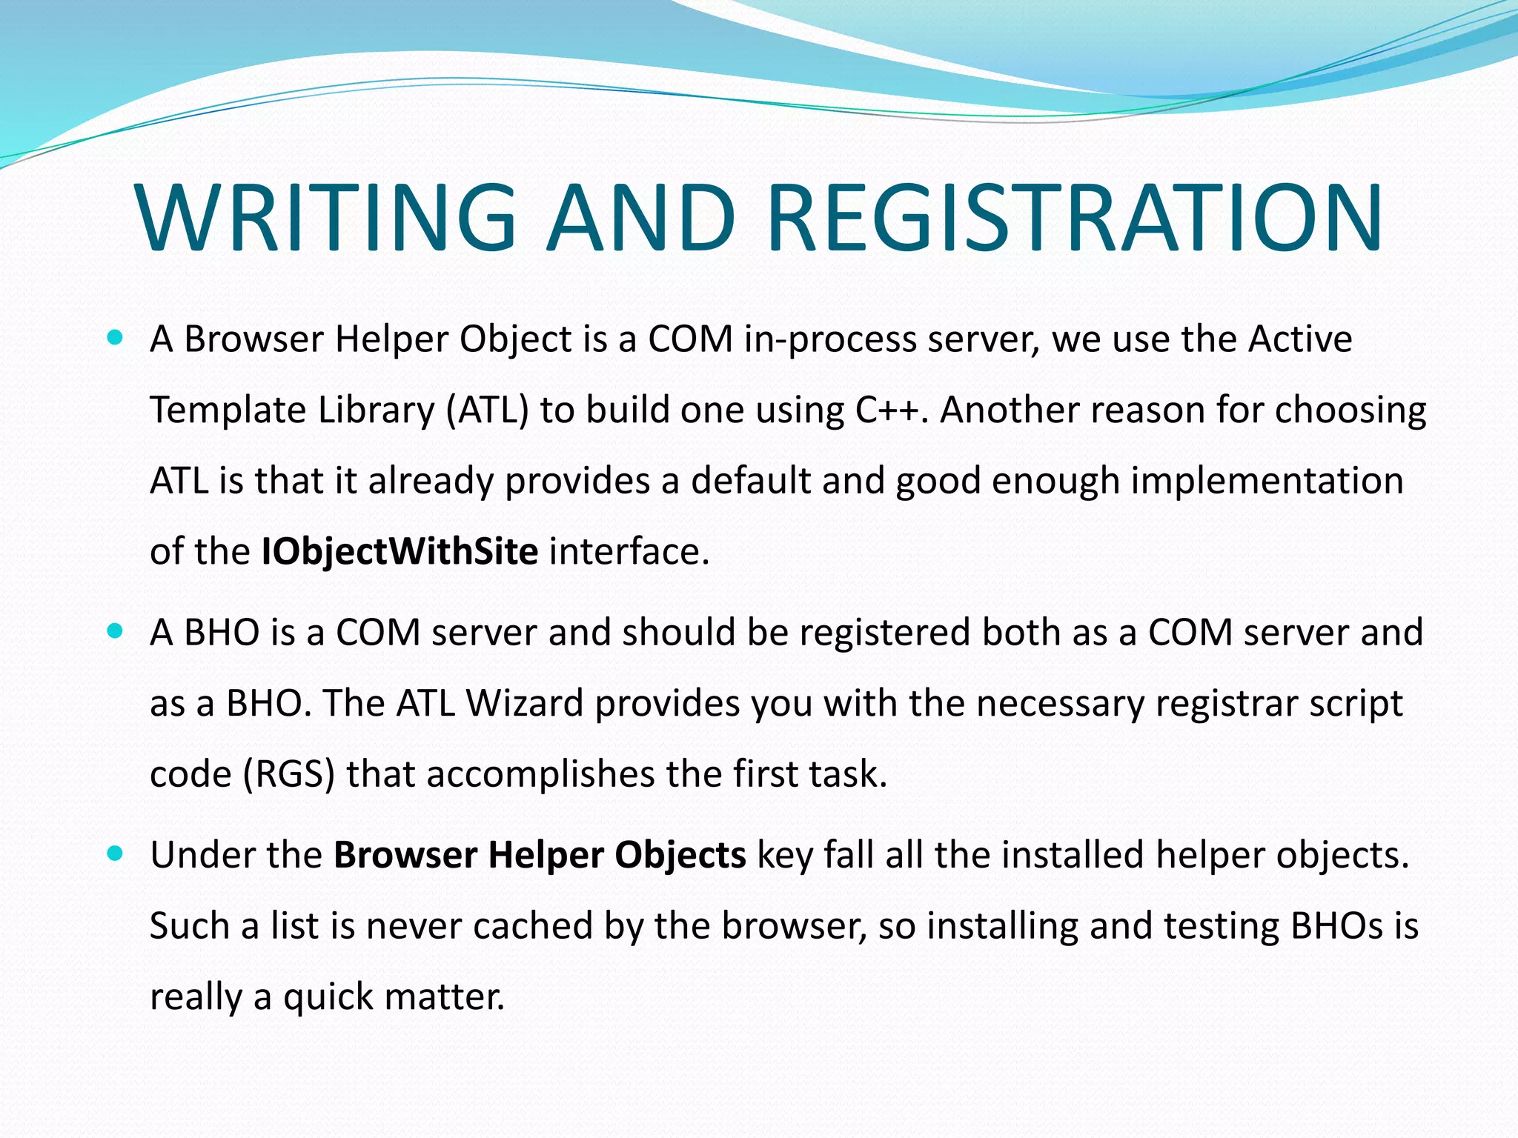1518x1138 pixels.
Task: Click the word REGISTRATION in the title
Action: click(1074, 219)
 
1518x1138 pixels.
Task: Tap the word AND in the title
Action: click(641, 219)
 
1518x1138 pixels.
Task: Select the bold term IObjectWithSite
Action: click(400, 552)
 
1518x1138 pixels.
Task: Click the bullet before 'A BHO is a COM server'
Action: click(114, 632)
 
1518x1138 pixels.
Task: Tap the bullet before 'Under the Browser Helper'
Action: click(114, 853)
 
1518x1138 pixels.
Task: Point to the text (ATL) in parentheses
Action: click(487, 410)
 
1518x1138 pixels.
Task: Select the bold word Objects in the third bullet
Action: click(680, 855)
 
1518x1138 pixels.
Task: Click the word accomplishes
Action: click(540, 774)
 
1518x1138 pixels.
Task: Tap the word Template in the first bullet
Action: click(228, 410)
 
